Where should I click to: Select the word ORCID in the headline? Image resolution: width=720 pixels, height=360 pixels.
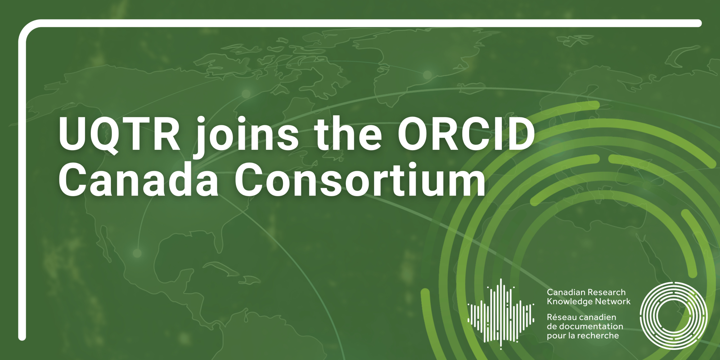tap(466, 134)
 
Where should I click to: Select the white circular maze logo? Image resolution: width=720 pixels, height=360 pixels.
tap(674, 316)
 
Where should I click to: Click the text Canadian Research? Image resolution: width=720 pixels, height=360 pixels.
tap(586, 292)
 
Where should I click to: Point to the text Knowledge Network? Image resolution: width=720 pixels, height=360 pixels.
tap(589, 301)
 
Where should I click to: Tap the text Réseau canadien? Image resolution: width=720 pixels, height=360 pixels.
tap(581, 317)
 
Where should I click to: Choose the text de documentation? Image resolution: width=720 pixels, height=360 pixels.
tap(585, 326)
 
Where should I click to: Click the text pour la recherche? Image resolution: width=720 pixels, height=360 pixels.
tap(583, 336)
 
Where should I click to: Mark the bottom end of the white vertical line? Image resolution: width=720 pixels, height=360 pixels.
tap(22, 337)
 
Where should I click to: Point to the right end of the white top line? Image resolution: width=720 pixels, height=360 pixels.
tap(698, 23)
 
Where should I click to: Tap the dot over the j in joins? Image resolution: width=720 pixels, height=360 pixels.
tap(203, 120)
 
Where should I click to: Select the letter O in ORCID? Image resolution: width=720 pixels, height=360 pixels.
tap(414, 134)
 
